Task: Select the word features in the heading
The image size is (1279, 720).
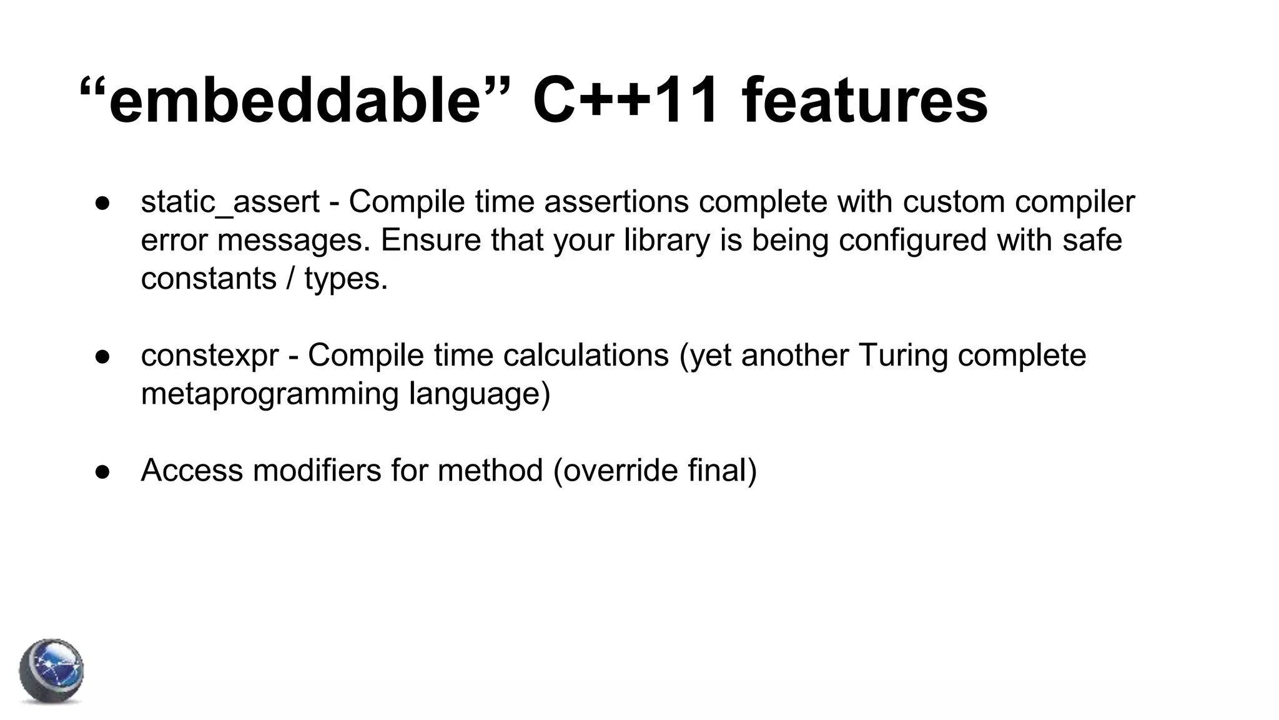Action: point(864,101)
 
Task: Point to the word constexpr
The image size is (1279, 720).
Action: point(210,356)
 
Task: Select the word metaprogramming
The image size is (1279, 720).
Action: point(270,394)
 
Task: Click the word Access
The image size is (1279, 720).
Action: point(192,471)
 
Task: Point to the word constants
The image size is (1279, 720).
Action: point(209,279)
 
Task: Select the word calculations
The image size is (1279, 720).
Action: point(585,356)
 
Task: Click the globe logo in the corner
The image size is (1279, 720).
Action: point(51,671)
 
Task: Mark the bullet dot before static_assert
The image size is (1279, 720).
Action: point(103,203)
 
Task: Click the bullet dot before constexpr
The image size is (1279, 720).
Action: point(103,356)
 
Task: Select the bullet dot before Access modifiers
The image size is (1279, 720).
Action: point(103,472)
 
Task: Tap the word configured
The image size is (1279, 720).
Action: point(912,241)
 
